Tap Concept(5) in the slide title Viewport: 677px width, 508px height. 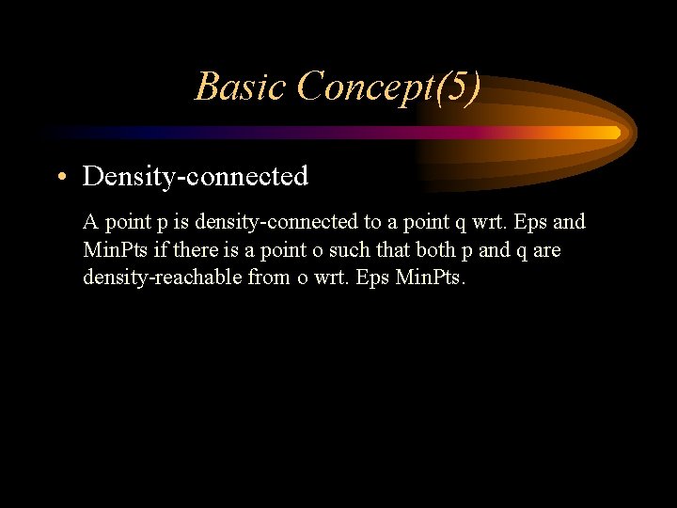click(388, 87)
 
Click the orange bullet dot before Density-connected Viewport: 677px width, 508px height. click(63, 177)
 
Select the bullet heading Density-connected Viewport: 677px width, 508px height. click(196, 176)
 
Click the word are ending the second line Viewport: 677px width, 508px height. click(546, 250)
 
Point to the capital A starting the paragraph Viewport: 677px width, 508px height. click(90, 223)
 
